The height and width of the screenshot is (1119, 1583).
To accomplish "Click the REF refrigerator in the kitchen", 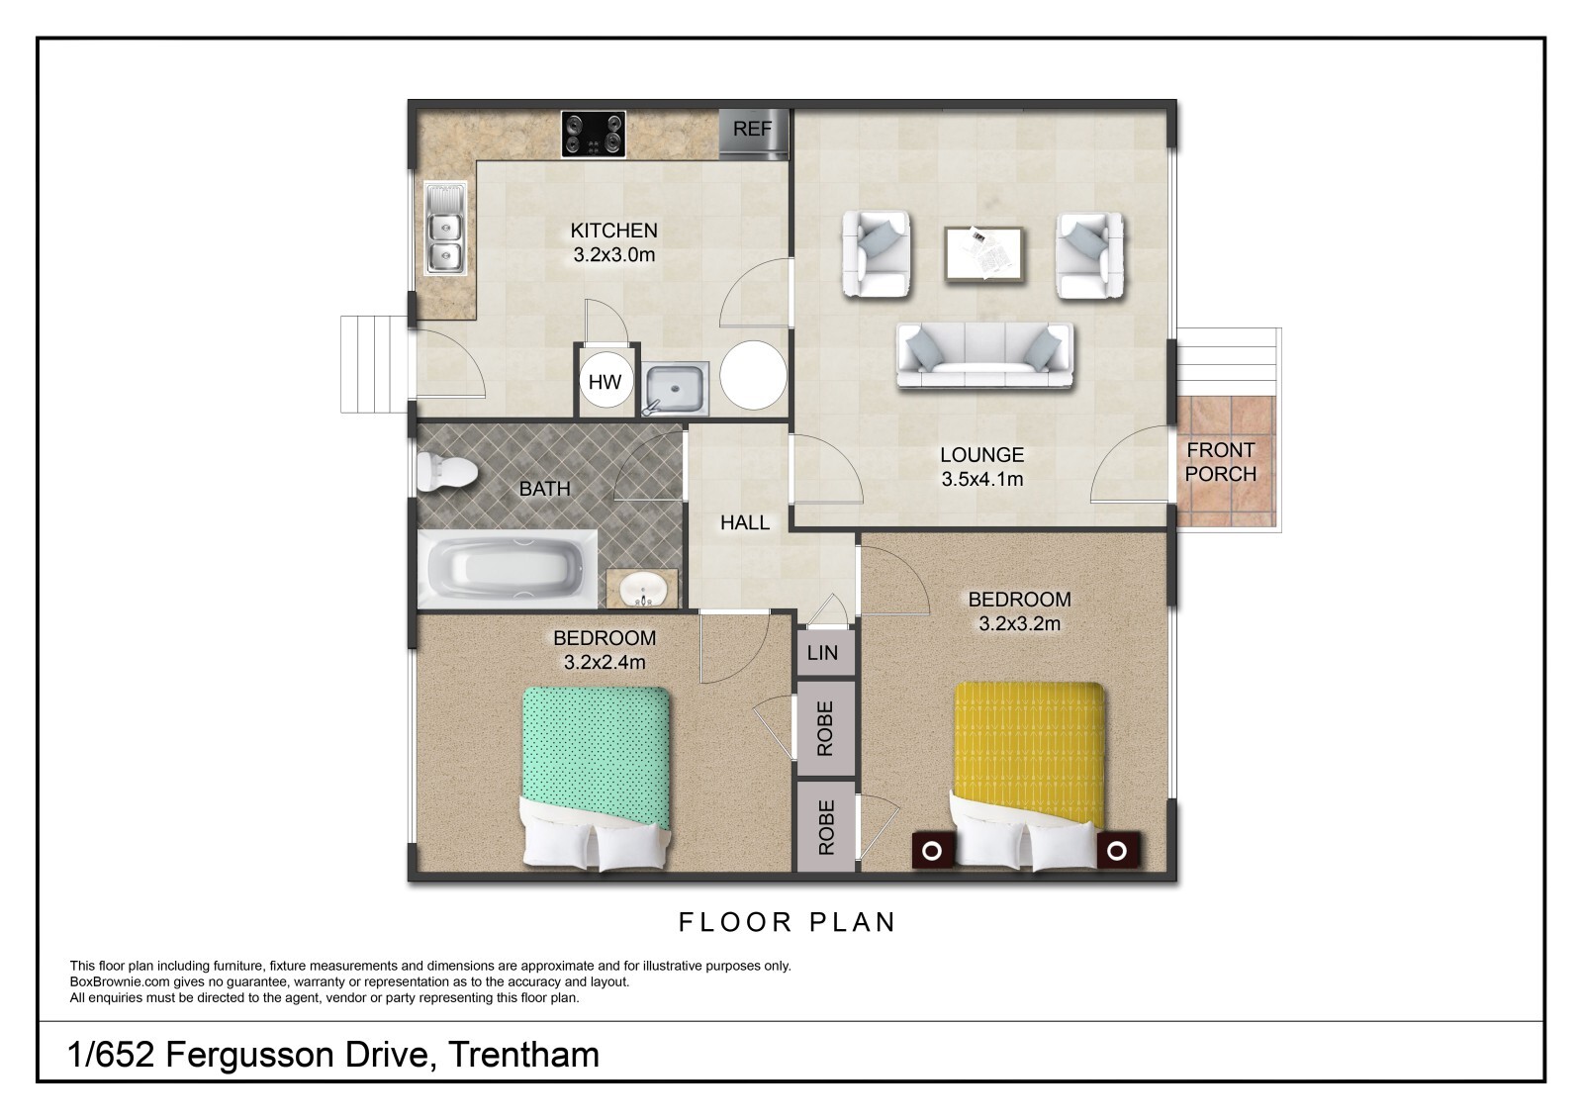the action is (753, 134).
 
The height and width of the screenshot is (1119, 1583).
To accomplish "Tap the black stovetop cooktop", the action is (594, 134).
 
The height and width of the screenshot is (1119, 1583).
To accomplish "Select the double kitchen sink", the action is (445, 229).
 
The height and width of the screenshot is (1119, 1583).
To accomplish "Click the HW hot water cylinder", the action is (605, 381).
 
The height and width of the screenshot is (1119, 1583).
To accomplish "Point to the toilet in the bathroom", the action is (445, 471).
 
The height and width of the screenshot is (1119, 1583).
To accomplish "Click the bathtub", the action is (508, 569).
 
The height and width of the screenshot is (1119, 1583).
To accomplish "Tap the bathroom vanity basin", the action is (642, 588).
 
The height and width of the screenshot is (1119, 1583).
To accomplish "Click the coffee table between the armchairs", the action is (984, 253).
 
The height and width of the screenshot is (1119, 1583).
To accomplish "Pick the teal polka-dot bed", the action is (597, 779).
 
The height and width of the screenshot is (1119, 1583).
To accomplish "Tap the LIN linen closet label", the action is (822, 652).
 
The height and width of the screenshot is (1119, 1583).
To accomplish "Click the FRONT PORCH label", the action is (1221, 462).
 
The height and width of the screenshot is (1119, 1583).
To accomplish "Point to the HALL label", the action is (745, 522).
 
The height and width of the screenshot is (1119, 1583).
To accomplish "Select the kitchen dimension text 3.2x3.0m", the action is (614, 254).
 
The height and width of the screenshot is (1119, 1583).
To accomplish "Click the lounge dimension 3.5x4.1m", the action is (982, 479).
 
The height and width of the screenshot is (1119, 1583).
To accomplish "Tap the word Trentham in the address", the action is (523, 1054).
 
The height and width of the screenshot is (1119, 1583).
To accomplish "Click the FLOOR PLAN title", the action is (788, 922).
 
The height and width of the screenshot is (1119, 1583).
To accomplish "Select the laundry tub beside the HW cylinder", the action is (674, 388).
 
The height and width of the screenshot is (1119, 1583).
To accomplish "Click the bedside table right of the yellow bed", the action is (1118, 849).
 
